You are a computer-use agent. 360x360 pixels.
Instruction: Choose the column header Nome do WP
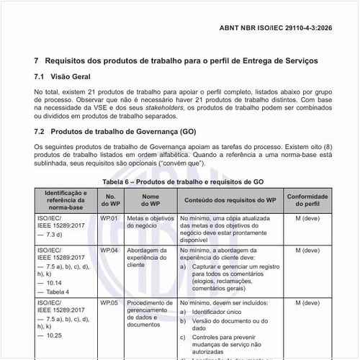[150, 201]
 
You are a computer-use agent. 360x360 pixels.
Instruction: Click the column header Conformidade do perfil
[307, 201]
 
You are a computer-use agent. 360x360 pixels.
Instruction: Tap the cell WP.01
[109, 217]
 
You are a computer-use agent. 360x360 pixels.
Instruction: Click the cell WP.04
[109, 250]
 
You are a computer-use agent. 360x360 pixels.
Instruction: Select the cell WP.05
[109, 304]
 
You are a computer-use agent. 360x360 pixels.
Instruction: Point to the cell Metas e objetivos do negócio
[150, 221]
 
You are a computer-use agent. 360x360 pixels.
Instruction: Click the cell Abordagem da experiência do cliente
[150, 258]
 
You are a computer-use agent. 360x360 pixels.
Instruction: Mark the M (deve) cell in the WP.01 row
[307, 217]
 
